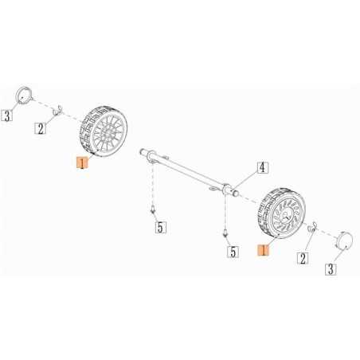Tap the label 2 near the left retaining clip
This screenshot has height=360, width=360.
39,127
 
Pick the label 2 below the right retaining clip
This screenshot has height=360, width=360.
302,257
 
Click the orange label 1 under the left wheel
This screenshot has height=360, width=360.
80,163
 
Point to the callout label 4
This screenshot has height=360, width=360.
261,168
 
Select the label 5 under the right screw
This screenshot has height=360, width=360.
233,252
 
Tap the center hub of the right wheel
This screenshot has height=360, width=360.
284,213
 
